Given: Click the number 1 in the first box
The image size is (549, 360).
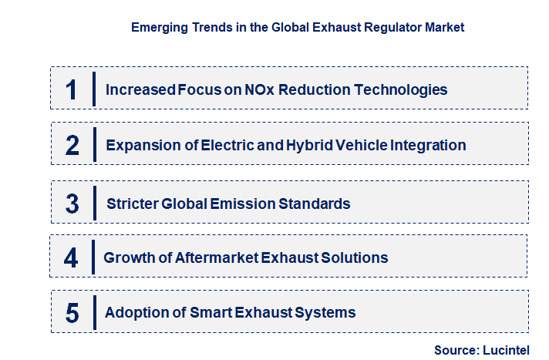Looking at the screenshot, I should (x=71, y=89).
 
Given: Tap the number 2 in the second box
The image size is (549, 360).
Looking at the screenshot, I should (x=72, y=145).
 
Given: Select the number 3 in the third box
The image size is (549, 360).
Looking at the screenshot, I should (x=72, y=204).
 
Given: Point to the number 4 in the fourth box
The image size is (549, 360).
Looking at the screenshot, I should (x=71, y=257).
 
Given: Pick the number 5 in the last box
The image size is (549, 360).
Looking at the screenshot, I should (x=72, y=313).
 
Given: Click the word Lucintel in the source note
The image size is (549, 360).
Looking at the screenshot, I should (x=508, y=350).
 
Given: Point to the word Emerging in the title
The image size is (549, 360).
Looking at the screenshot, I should (x=160, y=27).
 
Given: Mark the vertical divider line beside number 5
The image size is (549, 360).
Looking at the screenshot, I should (x=93, y=312).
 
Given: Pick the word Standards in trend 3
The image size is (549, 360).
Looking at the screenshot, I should (x=317, y=204).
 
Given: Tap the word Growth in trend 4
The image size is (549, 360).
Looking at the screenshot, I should (x=128, y=257).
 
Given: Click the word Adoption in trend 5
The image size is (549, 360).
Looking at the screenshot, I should (x=133, y=313).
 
